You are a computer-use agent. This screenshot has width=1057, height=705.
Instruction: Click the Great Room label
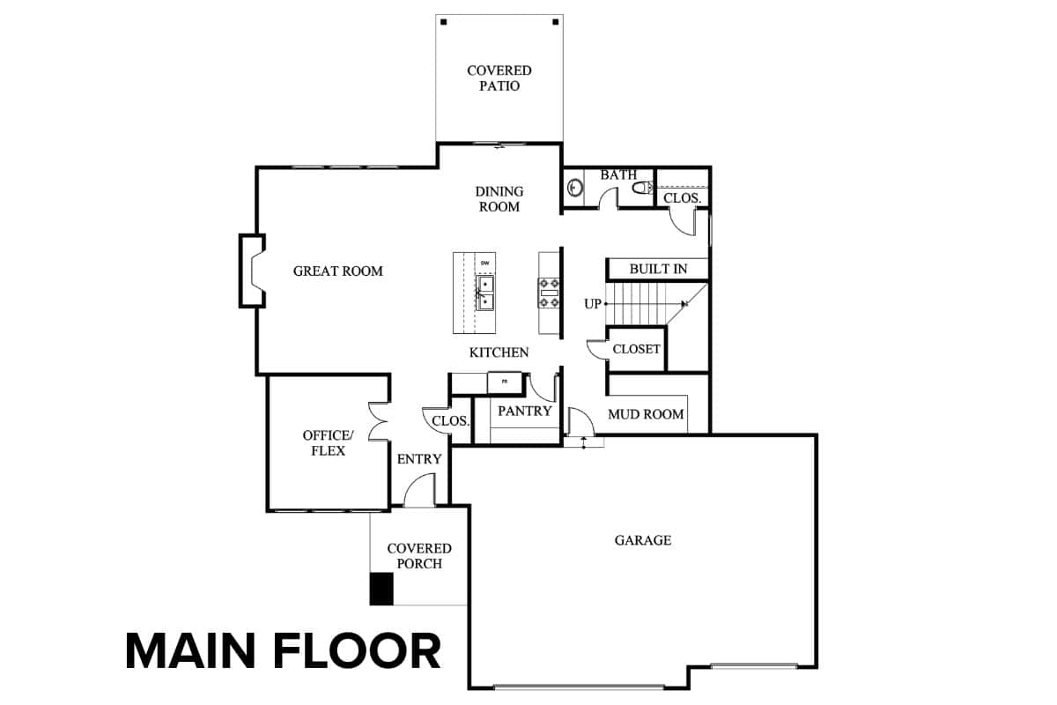tap(338, 271)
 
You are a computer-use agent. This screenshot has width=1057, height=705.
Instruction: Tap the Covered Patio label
tap(499, 78)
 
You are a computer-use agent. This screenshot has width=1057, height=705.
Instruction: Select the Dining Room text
tap(499, 199)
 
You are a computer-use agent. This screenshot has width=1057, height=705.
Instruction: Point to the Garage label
tap(643, 539)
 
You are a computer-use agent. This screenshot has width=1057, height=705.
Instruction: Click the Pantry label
tap(525, 411)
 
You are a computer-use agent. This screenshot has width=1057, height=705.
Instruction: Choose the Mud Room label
tap(646, 414)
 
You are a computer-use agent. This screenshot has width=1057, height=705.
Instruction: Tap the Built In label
tap(658, 269)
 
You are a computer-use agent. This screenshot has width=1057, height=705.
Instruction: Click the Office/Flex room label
tap(328, 443)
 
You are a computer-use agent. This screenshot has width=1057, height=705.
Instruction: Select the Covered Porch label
tap(419, 556)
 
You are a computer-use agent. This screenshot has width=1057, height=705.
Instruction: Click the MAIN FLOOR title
tap(283, 651)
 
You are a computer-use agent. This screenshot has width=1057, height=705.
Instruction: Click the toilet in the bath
tap(642, 188)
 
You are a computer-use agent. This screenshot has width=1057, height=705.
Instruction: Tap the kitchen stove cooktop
tap(550, 293)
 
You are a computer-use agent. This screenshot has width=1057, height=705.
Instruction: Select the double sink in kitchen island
tap(484, 293)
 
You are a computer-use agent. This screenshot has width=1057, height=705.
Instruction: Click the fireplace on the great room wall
tap(253, 271)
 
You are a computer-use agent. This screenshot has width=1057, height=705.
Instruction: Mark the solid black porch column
tap(381, 589)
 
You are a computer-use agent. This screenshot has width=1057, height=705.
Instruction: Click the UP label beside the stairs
tap(593, 304)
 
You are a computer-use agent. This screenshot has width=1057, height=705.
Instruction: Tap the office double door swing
tap(378, 421)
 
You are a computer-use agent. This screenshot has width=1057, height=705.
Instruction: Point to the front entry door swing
tap(419, 490)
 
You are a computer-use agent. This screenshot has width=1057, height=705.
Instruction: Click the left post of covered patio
tap(444, 22)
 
